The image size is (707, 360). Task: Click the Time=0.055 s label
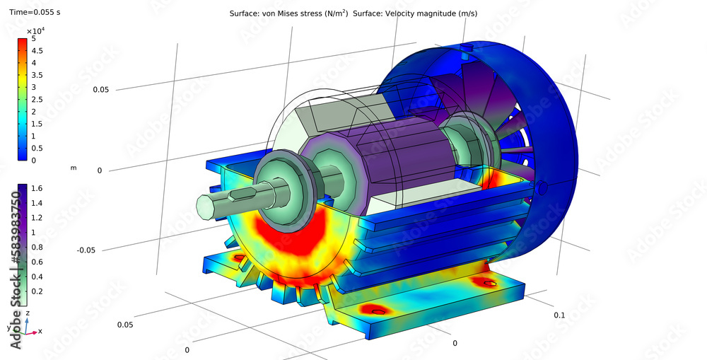30,13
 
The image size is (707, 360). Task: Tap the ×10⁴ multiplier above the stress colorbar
35,31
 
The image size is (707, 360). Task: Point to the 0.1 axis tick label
559,315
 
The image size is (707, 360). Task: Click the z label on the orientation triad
27,312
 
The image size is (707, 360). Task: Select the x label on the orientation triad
40,331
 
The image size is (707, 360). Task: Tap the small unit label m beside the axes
74,168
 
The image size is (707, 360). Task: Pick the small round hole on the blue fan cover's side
542,188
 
